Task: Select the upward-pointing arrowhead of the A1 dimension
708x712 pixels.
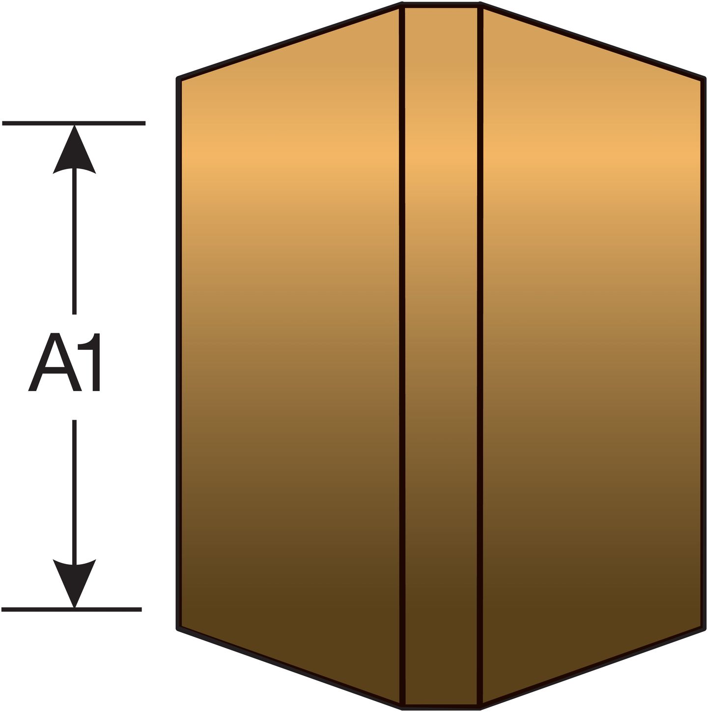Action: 74,150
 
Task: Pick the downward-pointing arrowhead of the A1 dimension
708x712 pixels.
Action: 74,584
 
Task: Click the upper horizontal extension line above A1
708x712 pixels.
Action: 74,123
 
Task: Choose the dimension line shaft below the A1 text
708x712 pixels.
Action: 74,490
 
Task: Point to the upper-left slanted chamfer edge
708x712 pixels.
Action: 289,41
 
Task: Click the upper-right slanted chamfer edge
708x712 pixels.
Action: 593,41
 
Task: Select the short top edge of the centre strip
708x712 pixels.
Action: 441,5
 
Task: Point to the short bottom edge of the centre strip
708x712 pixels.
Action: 441,707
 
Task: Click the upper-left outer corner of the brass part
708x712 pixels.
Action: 178,78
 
